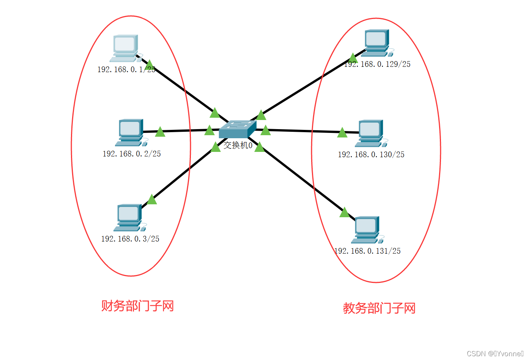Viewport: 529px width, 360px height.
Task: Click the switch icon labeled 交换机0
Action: click(238, 129)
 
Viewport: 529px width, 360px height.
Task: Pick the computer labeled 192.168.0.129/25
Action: click(376, 43)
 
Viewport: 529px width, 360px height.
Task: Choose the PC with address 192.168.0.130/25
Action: click(370, 133)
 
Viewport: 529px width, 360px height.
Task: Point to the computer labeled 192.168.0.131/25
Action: click(367, 229)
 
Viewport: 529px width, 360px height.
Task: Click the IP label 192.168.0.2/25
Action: click(132, 154)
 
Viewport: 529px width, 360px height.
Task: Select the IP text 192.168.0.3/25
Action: click(130, 239)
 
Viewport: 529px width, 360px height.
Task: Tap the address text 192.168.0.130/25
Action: click(371, 155)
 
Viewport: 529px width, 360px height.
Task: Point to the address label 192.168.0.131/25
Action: click(367, 251)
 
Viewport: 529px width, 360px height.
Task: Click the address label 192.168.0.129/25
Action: click(378, 64)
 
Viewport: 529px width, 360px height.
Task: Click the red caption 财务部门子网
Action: click(137, 306)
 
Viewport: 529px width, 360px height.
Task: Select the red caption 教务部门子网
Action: click(379, 308)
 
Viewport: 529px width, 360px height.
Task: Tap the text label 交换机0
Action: click(238, 145)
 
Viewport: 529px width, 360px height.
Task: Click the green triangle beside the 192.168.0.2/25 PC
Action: click(160, 132)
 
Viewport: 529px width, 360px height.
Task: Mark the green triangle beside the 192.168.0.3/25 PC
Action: click(152, 199)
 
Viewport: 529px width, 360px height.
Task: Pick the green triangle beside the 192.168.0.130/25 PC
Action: click(342, 133)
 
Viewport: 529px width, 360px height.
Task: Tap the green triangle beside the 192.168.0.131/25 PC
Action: click(344, 213)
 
